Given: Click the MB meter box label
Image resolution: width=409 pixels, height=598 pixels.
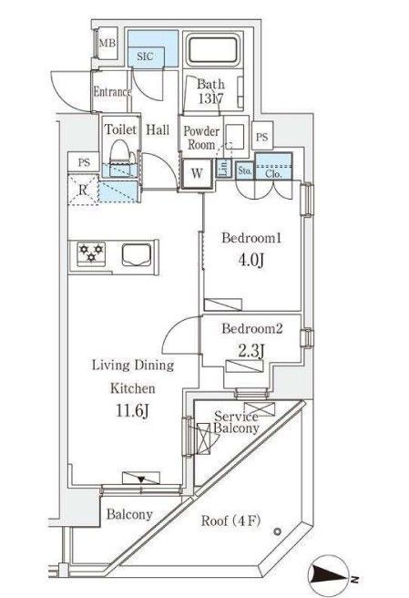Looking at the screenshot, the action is click(107, 43).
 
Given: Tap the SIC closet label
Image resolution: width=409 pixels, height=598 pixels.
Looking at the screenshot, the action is click(145, 57).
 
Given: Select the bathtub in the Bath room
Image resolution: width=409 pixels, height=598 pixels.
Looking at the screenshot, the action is click(212, 49).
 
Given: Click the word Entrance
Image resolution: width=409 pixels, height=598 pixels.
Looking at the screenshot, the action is click(112, 92).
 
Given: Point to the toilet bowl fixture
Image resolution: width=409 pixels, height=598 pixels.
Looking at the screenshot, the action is click(120, 158).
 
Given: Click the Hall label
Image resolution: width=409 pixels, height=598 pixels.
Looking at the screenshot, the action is click(158, 129).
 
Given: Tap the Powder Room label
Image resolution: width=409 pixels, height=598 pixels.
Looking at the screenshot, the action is click(201, 138).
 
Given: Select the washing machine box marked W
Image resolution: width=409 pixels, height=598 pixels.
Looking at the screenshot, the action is click(197, 173).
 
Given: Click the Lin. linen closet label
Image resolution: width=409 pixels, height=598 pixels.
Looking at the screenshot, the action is click(224, 168).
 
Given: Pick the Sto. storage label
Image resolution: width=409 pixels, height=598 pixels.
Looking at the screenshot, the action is click(245, 170).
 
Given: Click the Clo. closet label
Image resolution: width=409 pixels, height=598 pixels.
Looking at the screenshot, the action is click(273, 174).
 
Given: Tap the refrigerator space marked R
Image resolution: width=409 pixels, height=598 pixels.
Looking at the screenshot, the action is click(83, 190).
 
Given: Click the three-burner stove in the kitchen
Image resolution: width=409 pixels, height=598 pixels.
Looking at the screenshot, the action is click(91, 253).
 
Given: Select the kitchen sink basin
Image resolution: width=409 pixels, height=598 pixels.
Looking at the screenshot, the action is click(137, 254).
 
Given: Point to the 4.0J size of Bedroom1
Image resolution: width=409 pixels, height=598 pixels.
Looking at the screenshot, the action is click(251, 261).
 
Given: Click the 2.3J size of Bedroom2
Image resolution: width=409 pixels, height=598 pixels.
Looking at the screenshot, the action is click(251, 351).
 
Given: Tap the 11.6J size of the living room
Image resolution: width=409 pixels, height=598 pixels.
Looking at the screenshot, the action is click(132, 411).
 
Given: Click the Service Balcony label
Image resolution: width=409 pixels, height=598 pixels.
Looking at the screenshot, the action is click(236, 422).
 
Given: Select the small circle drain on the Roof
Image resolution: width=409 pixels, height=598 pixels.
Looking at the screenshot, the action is click(278, 531).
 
